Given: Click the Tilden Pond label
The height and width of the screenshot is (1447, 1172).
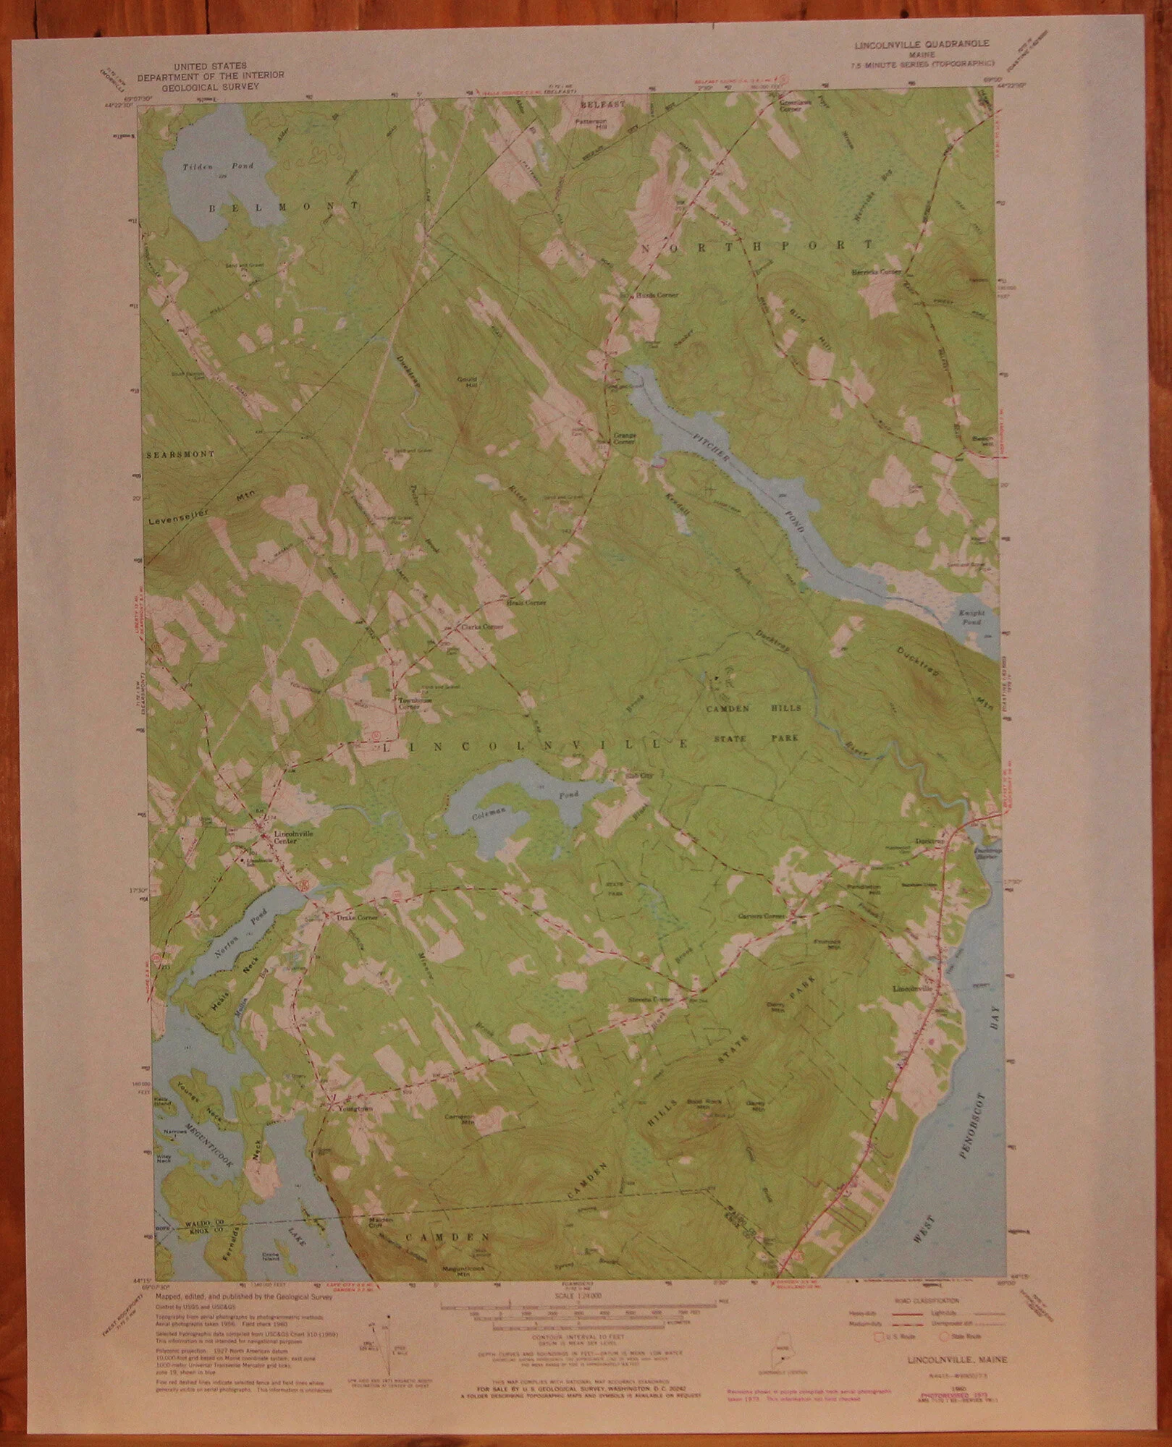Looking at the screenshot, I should coord(208,166).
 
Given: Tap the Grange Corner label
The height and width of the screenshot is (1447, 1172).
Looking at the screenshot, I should coord(624,438).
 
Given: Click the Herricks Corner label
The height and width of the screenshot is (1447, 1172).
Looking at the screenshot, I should coord(876,273).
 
